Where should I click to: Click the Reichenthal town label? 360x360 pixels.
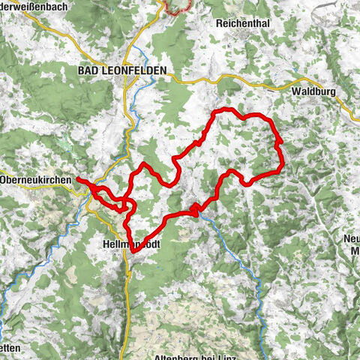pyautogui.click(x=242, y=23)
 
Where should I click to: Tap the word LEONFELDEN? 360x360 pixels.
pyautogui.click(x=136, y=70)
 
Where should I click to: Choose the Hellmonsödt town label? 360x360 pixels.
pyautogui.click(x=128, y=244)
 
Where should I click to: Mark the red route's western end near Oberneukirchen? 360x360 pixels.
pyautogui.click(x=79, y=181)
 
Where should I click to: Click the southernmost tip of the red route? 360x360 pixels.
pyautogui.click(x=133, y=253)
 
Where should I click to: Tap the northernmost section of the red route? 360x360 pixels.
pyautogui.click(x=225, y=111)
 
